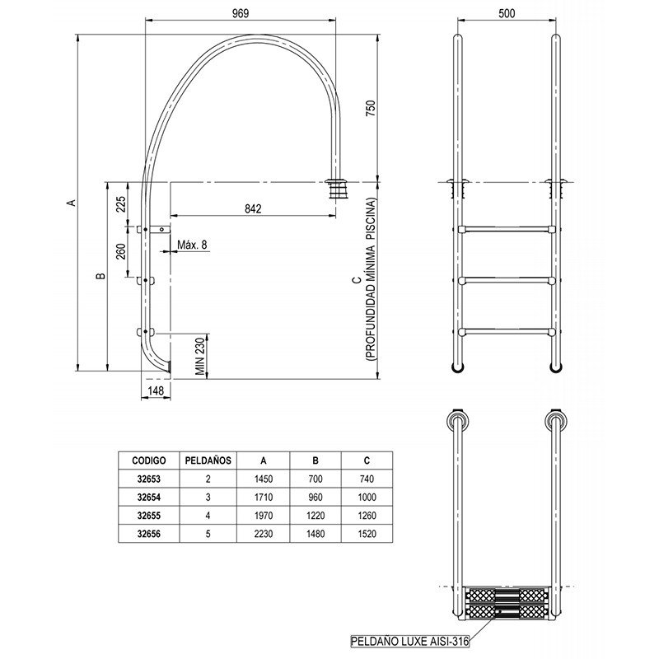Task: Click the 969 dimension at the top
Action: tap(241, 13)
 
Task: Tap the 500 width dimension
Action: tap(507, 13)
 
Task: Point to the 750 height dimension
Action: tap(371, 109)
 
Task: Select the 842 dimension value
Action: tap(253, 209)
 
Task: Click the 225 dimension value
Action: tap(120, 204)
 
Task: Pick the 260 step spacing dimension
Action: tap(120, 251)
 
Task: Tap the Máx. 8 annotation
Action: tap(192, 245)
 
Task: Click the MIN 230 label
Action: tap(201, 357)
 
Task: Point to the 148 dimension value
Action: tap(156, 390)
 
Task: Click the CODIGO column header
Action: tap(149, 460)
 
